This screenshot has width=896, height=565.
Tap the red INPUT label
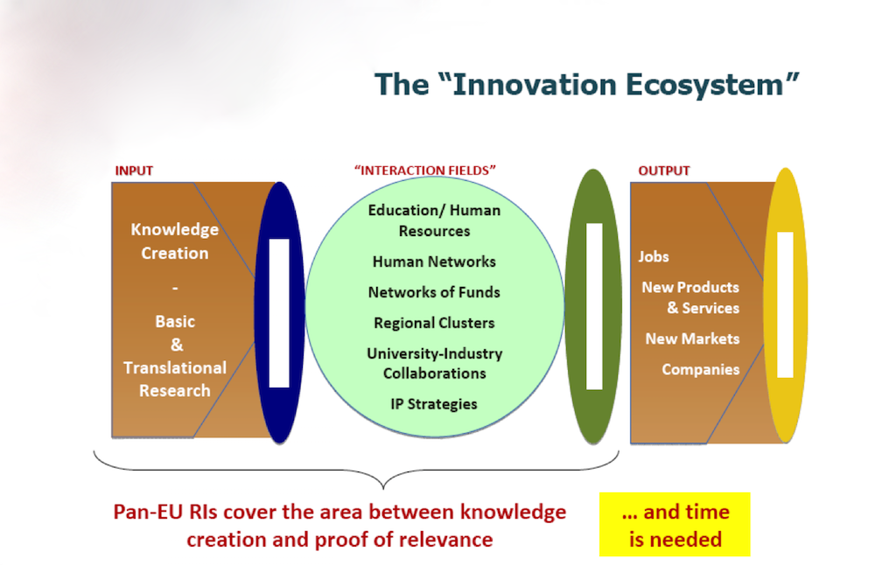coord(134,171)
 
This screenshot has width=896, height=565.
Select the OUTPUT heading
coord(663,171)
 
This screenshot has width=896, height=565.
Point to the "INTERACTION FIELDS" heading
coord(424,171)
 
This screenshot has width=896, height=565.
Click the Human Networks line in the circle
coord(434,262)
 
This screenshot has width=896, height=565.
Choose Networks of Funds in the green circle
coord(434,292)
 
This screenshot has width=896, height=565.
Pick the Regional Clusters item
coord(434,323)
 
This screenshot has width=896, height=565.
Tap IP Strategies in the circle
coord(434,404)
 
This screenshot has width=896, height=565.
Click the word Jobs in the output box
coord(654,257)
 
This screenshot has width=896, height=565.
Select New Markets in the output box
coord(693,338)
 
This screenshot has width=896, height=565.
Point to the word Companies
coord(701,370)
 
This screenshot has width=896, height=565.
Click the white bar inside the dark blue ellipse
coord(279,313)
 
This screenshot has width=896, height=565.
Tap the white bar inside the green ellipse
coord(594,306)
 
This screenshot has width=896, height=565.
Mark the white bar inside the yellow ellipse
coord(785,304)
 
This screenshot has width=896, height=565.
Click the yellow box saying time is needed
coord(675,525)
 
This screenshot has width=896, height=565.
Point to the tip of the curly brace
coord(383,488)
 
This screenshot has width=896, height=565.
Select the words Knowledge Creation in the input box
coord(175,241)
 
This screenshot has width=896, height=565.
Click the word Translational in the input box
coord(175,368)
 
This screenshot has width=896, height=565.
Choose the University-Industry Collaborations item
coord(434,363)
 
